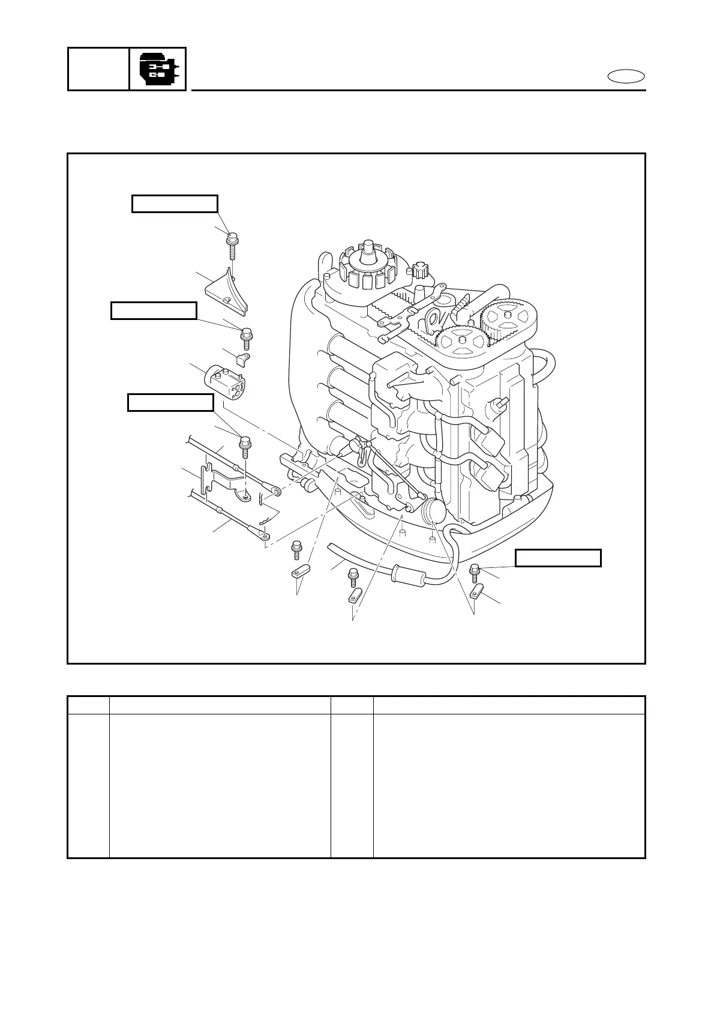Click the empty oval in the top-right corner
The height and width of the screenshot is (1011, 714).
click(x=626, y=77)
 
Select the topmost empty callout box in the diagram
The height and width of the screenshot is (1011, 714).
click(x=175, y=204)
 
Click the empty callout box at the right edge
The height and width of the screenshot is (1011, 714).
click(x=559, y=558)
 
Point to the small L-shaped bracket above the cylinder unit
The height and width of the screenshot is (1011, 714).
click(x=244, y=360)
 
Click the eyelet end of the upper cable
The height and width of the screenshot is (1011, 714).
click(x=277, y=492)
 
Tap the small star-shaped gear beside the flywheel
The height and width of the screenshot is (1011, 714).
click(x=423, y=271)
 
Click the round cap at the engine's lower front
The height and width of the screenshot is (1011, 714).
click(x=433, y=512)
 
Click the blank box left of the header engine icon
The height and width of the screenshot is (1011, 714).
click(x=98, y=70)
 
